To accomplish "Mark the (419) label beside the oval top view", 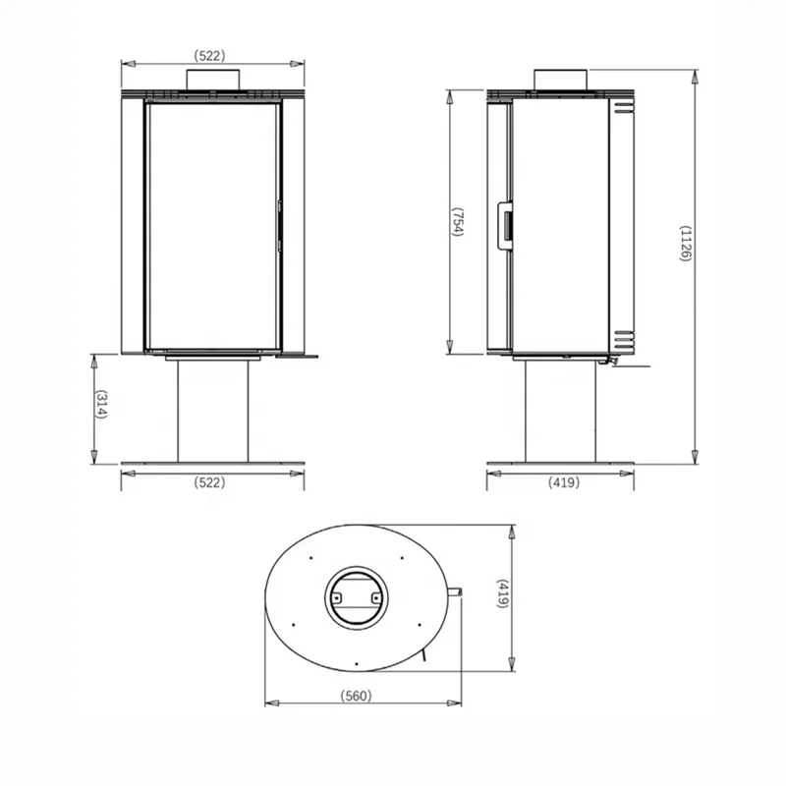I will (504, 597).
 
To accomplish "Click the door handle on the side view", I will (507, 222).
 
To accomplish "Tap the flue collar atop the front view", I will (212, 81).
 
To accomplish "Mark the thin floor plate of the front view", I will (212, 463).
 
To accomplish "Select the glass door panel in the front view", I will (212, 226).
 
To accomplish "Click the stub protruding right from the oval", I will (456, 591).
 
